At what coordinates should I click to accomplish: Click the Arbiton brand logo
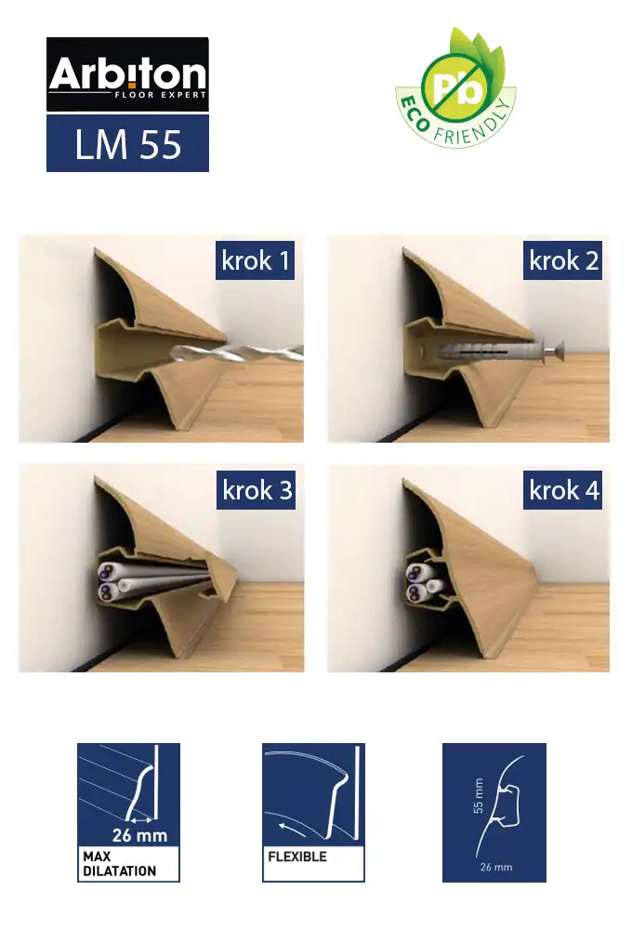coord(127,74)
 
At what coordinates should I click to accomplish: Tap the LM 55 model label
coord(127,143)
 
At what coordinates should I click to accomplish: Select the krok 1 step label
coord(255,260)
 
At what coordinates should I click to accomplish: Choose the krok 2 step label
coord(562,260)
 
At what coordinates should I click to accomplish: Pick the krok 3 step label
coord(257,490)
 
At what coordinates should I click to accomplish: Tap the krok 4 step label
coord(562,490)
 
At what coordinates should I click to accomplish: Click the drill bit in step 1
coord(237,353)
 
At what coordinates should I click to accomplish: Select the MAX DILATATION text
coord(119,864)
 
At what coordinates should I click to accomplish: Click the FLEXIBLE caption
coord(297,857)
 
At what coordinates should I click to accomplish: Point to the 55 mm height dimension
coord(479,795)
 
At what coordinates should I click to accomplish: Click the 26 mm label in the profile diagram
coord(495,867)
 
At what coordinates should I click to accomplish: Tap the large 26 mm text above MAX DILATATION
coord(140,835)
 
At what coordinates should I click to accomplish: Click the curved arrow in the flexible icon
coord(292,829)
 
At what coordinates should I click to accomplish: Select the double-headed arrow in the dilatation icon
coord(140,820)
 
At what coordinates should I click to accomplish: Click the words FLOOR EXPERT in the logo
coord(160,94)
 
